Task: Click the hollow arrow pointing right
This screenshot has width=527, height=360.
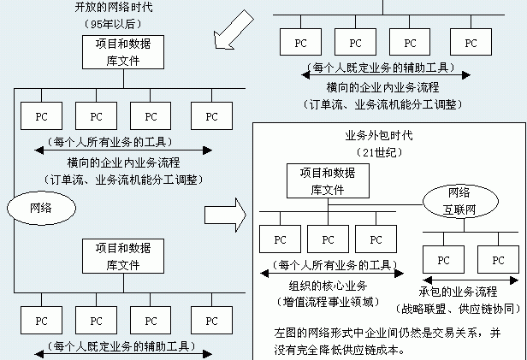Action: coord(224,215)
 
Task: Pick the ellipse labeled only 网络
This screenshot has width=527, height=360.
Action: coord(39,207)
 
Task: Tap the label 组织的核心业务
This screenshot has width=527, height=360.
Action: coord(326,286)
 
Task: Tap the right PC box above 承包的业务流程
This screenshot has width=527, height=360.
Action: coord(498,259)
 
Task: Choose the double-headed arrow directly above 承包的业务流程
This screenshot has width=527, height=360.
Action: coord(468,279)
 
